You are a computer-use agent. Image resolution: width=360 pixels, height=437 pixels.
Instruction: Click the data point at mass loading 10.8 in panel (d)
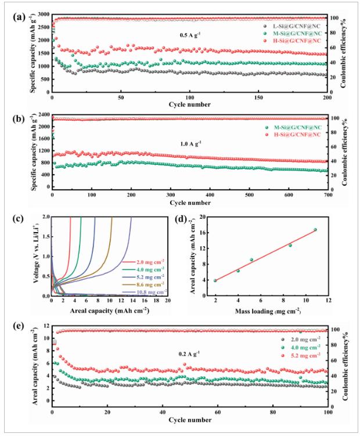(315, 230)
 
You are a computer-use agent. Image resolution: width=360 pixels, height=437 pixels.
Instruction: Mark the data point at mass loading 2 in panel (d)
(215, 281)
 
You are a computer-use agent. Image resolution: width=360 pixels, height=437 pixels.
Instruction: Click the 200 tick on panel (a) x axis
(327, 97)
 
